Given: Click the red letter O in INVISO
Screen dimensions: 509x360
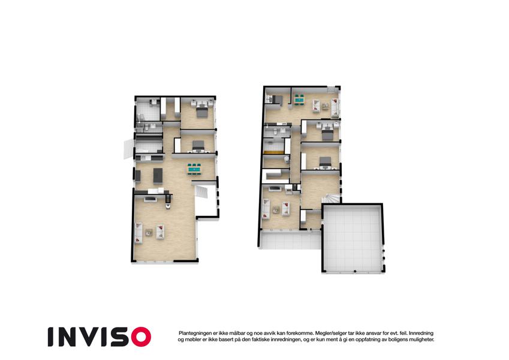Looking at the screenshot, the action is [x=141, y=337].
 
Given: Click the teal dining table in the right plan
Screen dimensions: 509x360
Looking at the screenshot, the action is [x=299, y=100].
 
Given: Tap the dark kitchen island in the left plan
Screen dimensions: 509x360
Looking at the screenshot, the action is [x=158, y=175].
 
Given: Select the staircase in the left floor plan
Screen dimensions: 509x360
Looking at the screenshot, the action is [x=201, y=192].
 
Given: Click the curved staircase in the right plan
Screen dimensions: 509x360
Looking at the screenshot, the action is [x=331, y=198].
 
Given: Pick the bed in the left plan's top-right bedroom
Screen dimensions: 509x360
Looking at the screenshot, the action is [x=201, y=112].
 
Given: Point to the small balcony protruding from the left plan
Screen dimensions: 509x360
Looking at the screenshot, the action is [x=128, y=149].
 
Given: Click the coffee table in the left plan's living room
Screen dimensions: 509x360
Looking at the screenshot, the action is [x=149, y=232].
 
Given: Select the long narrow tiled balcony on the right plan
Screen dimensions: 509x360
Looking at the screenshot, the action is [x=290, y=241].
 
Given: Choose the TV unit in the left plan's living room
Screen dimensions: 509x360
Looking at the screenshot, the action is [x=150, y=199].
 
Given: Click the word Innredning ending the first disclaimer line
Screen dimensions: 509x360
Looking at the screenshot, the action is [x=421, y=334].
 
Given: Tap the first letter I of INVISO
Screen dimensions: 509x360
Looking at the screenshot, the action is [x=50, y=337].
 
